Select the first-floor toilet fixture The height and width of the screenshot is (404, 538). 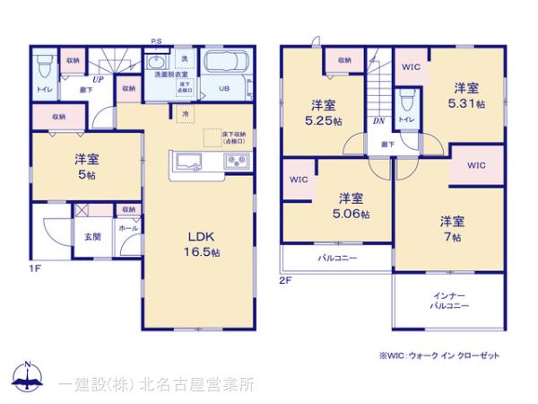pos(44,68)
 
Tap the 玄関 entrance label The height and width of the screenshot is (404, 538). pos(92,237)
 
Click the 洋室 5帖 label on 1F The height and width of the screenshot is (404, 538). pos(87,166)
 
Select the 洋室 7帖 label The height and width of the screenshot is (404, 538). pos(451,228)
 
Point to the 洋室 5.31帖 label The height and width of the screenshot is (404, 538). pos(465,96)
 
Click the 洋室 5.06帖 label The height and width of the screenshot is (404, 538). pos(351,206)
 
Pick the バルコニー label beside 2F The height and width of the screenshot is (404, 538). pos(336,259)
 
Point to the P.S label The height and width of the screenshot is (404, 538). pos(156,41)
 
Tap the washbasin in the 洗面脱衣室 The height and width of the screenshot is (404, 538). pos(157,63)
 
